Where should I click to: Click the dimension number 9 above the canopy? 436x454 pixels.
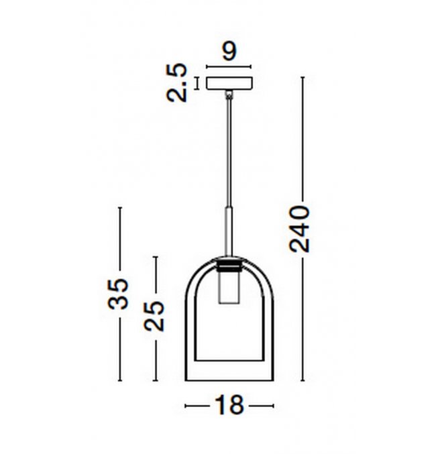229,52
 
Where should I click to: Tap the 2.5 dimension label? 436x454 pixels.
177,82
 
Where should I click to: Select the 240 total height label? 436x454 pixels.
300,229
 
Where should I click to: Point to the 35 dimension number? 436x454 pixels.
118,294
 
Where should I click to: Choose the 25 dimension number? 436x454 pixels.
154,316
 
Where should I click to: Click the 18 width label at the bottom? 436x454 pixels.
229,405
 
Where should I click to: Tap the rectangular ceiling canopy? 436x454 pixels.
229,82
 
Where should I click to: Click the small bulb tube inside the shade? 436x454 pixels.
229,287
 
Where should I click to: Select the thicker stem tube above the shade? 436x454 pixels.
229,231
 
